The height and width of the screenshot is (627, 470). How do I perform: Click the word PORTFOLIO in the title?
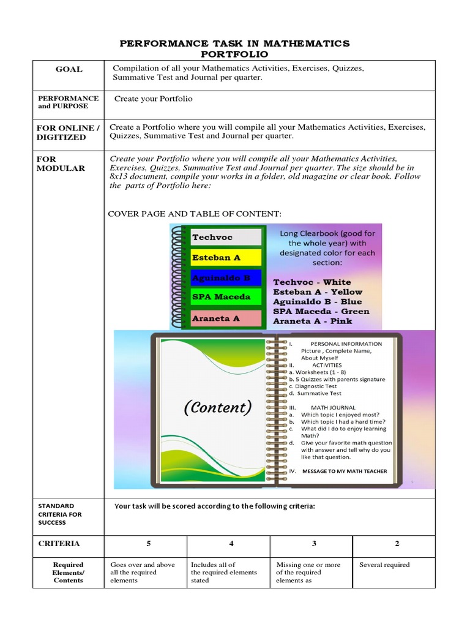click(235, 54)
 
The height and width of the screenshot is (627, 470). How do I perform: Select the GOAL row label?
click(69, 69)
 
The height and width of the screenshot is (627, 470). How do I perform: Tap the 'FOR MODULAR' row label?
click(61, 163)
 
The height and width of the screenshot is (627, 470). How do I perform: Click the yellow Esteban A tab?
click(217, 258)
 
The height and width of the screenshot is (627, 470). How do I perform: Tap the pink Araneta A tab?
click(217, 318)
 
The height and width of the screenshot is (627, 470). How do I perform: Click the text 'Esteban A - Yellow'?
click(318, 292)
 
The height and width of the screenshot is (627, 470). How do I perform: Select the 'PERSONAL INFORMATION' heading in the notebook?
click(346, 344)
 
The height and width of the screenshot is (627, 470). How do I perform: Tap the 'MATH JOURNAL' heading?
click(333, 407)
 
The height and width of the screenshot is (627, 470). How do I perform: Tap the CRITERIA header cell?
click(59, 544)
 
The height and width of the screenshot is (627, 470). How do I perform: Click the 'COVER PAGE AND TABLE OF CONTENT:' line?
click(195, 213)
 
